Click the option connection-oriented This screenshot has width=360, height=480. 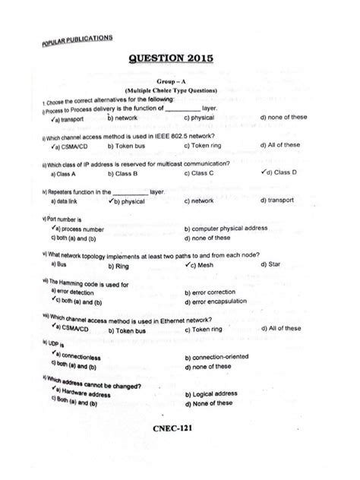(222, 356)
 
